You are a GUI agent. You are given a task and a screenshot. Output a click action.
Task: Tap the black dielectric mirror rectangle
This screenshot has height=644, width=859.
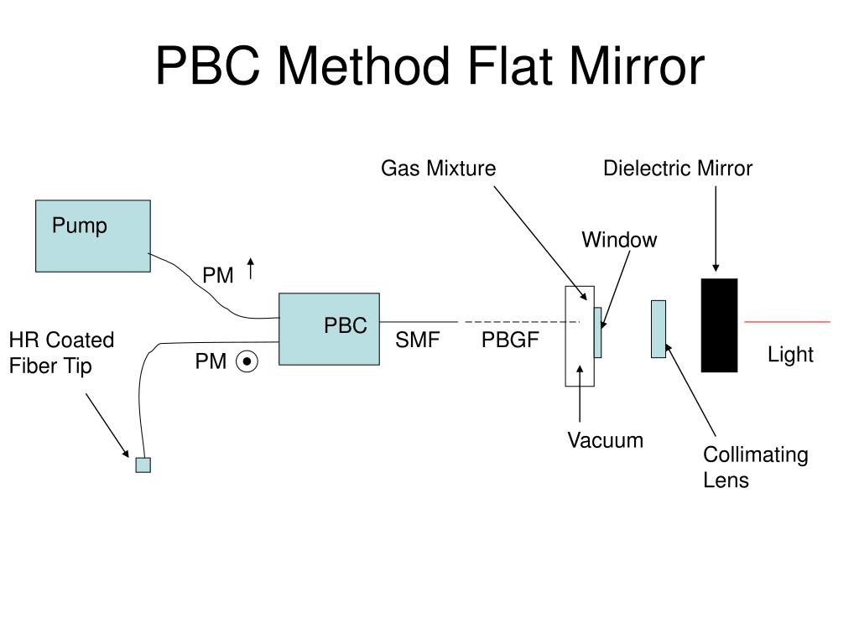pos(719,325)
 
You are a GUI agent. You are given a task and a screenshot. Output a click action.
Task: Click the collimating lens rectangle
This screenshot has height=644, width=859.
pos(659,329)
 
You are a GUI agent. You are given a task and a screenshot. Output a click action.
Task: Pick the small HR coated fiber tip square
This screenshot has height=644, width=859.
pos(143,465)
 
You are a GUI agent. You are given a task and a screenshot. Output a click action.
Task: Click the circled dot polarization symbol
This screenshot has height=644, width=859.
pos(247,362)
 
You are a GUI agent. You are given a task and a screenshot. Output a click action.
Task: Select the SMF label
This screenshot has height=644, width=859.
pos(418,341)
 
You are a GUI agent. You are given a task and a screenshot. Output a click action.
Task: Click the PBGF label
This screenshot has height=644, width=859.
pos(509,341)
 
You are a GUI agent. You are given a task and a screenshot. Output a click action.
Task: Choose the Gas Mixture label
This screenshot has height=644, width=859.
pos(438,169)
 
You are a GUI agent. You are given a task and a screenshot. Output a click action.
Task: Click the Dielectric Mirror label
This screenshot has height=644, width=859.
pos(678,169)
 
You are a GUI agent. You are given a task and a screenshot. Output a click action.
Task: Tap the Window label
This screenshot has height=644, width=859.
pos(619,241)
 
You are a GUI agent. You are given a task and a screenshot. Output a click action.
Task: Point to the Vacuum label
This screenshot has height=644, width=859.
pos(605,440)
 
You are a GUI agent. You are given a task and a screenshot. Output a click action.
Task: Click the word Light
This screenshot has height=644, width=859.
pos(790,355)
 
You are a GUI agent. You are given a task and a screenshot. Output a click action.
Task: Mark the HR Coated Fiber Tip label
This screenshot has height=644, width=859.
pos(60,353)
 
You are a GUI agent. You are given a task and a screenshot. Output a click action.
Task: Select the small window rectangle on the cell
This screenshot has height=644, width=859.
pos(598,333)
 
